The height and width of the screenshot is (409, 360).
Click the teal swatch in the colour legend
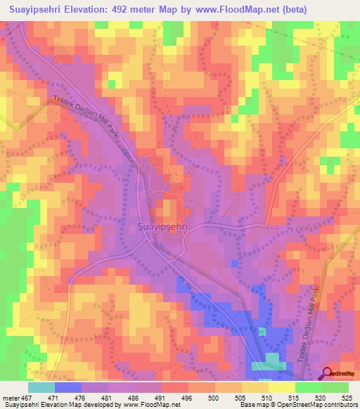[x=41, y=387]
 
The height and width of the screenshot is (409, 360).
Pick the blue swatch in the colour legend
[x=68, y=387]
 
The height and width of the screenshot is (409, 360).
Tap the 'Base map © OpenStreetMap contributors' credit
[x=298, y=405]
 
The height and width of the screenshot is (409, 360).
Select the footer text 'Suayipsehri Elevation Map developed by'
[x=49, y=405]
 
